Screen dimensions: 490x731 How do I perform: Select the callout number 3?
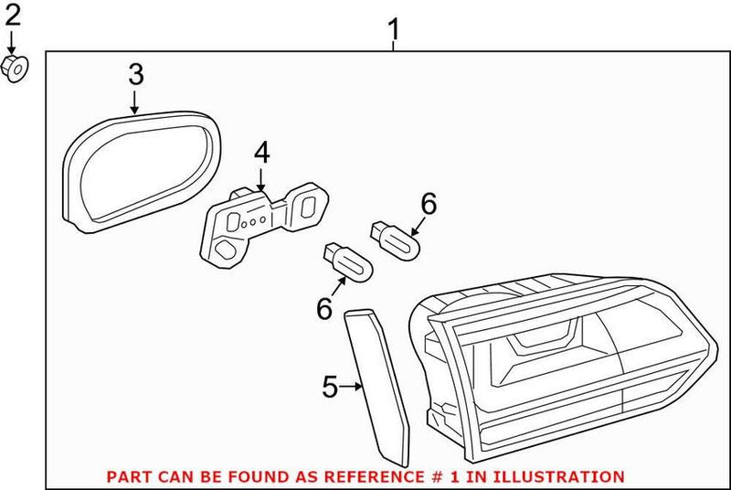pyautogui.click(x=135, y=72)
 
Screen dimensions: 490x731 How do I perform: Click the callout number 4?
pyautogui.click(x=261, y=154)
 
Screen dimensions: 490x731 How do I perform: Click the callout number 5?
pyautogui.click(x=330, y=388)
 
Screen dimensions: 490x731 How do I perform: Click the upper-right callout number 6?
pyautogui.click(x=428, y=203)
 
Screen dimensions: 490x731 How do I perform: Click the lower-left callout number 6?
pyautogui.click(x=324, y=309)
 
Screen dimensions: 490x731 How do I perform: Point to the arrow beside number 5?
pyautogui.click(x=353, y=388)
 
